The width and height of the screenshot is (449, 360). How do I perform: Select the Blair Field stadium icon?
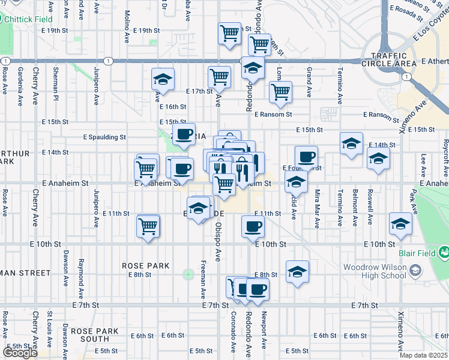coord(444,253)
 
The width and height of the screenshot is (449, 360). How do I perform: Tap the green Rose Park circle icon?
coord(188,275)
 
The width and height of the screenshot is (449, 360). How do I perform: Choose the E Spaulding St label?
coord(104,137)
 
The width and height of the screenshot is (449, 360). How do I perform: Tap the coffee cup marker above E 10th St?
coord(252,226)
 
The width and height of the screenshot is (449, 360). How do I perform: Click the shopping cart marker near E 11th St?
coord(148,226)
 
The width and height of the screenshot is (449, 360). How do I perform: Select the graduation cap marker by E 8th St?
coord(297,271)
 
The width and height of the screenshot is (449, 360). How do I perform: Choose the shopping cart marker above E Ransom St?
coord(280,92)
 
